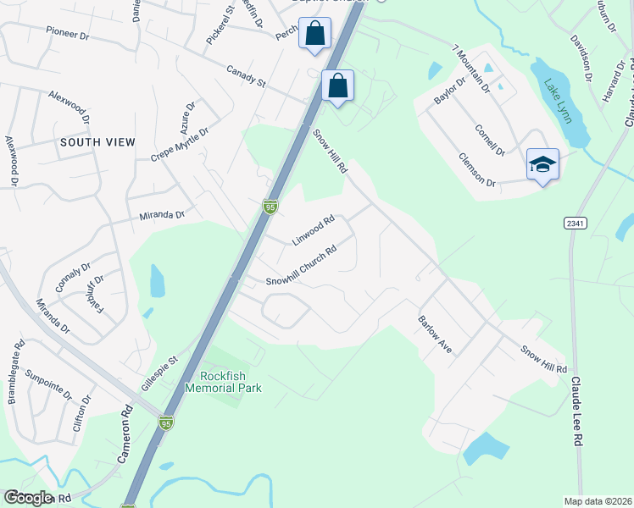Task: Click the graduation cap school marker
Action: pyautogui.click(x=542, y=164)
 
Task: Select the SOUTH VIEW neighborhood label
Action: pyautogui.click(x=97, y=142)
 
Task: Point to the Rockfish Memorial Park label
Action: pyautogui.click(x=231, y=382)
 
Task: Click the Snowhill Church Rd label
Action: pyautogui.click(x=302, y=265)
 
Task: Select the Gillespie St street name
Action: pyautogui.click(x=160, y=372)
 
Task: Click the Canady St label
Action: pyautogui.click(x=247, y=77)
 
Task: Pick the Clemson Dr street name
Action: pyautogui.click(x=476, y=169)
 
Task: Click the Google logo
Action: pyautogui.click(x=28, y=498)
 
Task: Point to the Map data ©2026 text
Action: pyautogui.click(x=597, y=501)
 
